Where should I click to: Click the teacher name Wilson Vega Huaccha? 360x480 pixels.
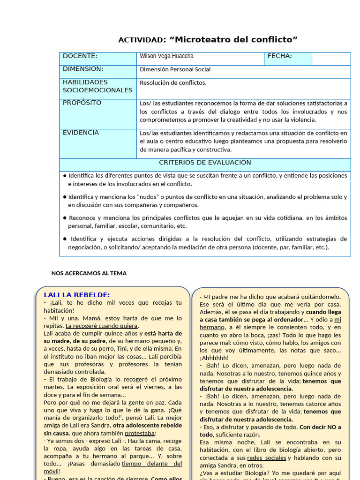(166, 56)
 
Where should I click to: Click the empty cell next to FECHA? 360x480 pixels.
(331, 59)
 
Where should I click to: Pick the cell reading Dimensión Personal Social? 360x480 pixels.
(175, 69)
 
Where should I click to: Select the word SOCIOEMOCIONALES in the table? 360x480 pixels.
(97, 90)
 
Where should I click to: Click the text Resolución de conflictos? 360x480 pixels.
(173, 83)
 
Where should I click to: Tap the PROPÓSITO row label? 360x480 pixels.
(82, 103)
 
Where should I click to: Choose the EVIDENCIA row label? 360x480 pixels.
(81, 133)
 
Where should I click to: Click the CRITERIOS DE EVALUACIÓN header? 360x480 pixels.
(205, 163)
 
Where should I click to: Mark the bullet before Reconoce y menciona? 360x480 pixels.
(65, 218)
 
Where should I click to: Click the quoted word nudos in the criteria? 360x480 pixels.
(146, 197)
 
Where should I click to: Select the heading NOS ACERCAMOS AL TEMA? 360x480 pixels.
(89, 273)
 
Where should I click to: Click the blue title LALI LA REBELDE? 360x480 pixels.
(77, 295)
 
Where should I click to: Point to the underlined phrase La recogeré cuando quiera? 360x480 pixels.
(102, 326)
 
